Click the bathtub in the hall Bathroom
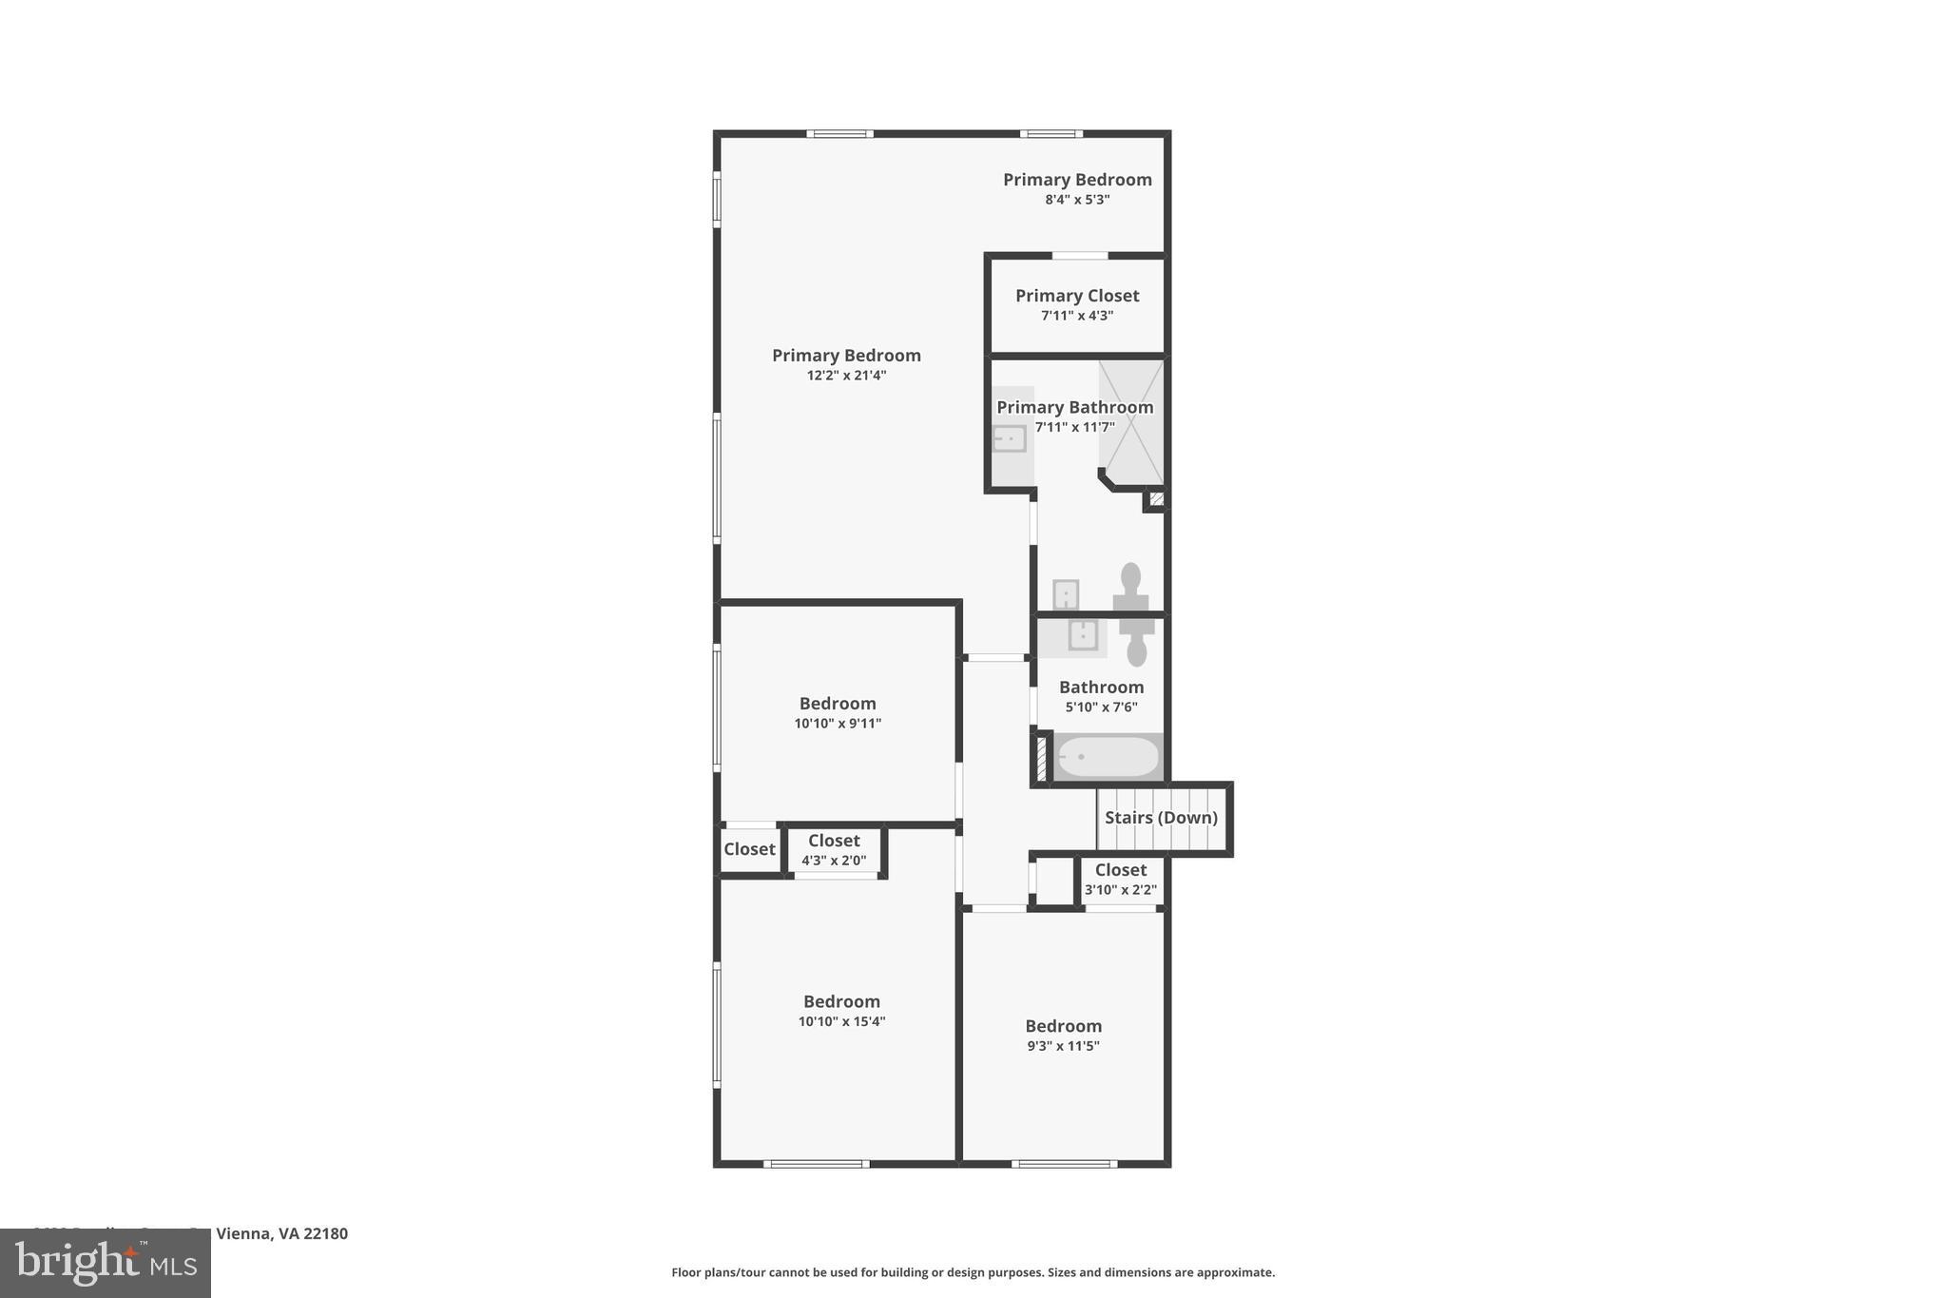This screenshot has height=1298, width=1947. (1108, 757)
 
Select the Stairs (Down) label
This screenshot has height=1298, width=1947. (1161, 818)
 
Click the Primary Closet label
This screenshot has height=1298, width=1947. (1077, 296)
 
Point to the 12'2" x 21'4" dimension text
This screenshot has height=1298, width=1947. (846, 376)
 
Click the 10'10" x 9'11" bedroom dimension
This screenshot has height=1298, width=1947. (838, 724)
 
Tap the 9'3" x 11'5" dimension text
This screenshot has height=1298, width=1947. (1063, 1046)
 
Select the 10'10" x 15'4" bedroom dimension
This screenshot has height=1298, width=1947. (841, 1022)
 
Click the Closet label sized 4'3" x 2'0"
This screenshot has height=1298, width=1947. (834, 841)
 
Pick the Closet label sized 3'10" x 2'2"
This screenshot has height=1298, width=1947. (1121, 870)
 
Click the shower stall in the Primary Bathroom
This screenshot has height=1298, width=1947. (1131, 421)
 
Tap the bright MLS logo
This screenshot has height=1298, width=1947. (106, 1263)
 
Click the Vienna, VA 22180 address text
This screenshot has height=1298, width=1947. (281, 1233)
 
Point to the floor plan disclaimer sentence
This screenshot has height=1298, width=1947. (973, 1272)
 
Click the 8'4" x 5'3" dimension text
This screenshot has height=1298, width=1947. (1077, 200)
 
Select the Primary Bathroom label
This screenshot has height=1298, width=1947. (1074, 407)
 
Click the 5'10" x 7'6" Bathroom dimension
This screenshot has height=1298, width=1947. (1101, 707)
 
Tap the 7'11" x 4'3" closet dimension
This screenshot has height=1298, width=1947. (1077, 316)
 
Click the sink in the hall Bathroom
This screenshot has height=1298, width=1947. (1083, 635)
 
